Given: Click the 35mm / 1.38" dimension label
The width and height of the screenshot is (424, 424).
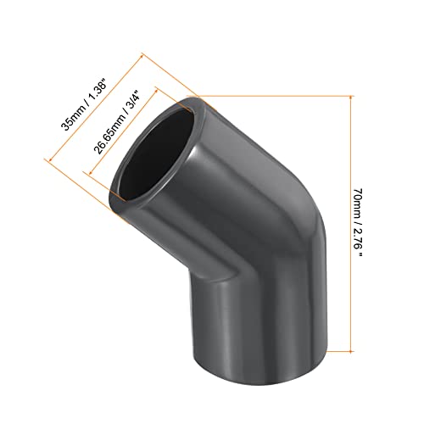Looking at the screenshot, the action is [84, 106].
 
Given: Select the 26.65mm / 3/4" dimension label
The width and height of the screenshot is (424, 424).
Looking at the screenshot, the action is [117, 122].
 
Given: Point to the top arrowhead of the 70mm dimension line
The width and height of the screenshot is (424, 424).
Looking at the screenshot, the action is [351, 98].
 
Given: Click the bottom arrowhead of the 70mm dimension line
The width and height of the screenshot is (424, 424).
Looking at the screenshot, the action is [351, 349].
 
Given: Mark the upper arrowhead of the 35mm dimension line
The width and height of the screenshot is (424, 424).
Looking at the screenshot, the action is [142, 56].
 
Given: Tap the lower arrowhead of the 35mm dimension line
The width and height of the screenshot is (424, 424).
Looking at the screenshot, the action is [51, 159].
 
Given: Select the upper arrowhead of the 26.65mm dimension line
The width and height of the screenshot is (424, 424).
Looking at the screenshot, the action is [156, 91].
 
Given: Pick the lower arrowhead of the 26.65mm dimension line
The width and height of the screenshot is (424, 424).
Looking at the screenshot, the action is [91, 172].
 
